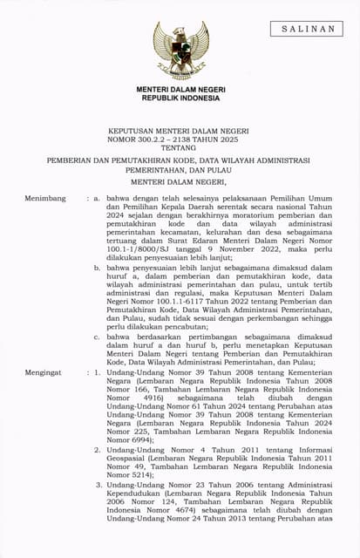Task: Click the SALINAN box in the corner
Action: pos(309,30)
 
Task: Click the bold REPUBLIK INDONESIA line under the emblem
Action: pos(180,99)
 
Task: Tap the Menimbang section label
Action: pos(45,199)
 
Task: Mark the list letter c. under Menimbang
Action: pos(97,337)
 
